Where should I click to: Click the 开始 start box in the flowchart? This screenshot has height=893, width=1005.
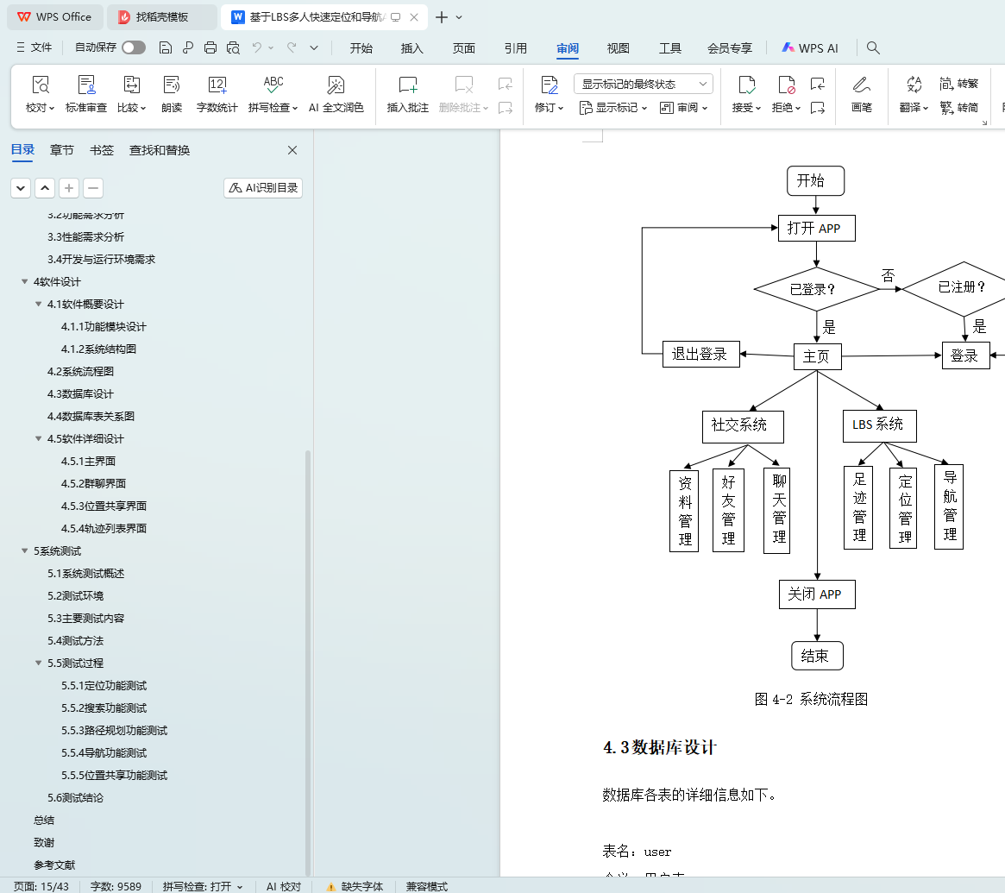(x=815, y=180)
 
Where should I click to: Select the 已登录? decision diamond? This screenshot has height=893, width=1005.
(x=815, y=289)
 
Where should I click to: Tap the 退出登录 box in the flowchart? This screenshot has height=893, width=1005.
(x=700, y=355)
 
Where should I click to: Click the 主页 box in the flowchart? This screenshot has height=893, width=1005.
(x=817, y=356)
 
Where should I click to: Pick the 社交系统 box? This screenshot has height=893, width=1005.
(x=743, y=425)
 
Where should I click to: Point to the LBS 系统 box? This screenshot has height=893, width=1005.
(x=879, y=425)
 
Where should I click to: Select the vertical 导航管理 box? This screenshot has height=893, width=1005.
(x=949, y=506)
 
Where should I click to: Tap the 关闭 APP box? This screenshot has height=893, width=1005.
(x=816, y=594)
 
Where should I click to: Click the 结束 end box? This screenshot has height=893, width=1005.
(x=816, y=656)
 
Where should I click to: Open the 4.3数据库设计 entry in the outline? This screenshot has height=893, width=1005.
(x=80, y=393)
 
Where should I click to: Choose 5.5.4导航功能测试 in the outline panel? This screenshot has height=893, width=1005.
(x=104, y=752)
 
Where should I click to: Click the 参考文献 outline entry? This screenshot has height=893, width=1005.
(x=54, y=865)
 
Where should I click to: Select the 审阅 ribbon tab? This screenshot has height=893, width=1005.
(x=568, y=48)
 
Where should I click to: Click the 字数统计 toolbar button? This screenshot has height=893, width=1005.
(x=217, y=94)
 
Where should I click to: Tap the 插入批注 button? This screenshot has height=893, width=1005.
(x=408, y=94)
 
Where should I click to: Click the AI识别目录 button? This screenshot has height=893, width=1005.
(x=263, y=187)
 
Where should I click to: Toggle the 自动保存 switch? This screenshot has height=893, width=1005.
(x=134, y=48)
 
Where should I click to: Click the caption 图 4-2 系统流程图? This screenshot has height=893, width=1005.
(x=811, y=699)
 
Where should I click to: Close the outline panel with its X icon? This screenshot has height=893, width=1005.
(x=292, y=150)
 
